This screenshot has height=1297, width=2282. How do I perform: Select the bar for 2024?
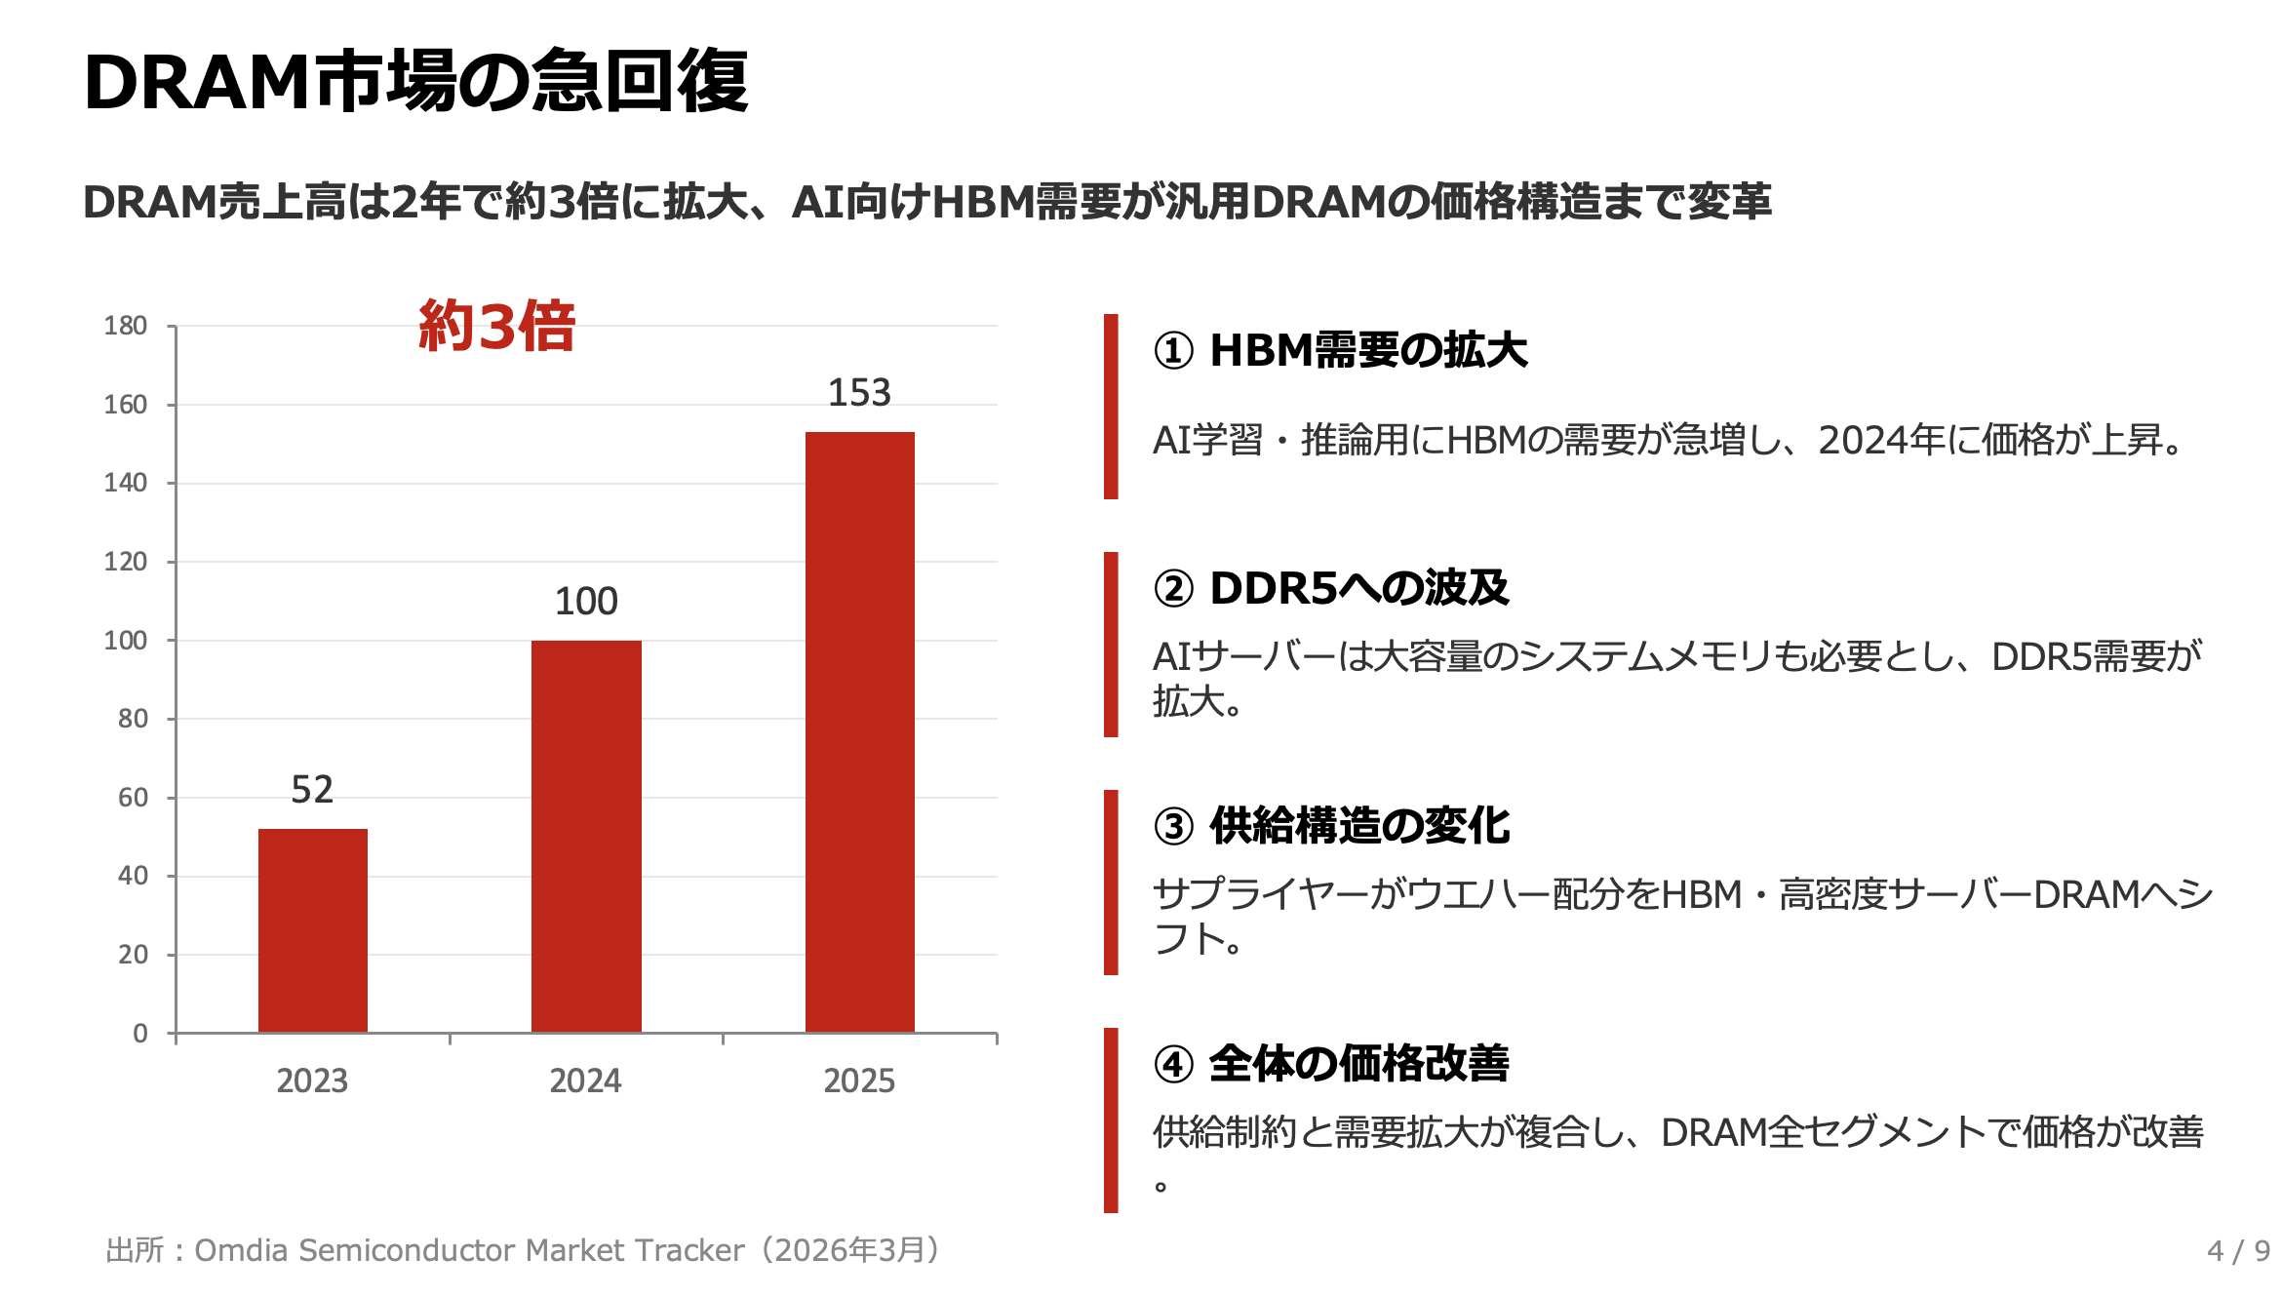(586, 836)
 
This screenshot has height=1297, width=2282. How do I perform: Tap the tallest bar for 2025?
(859, 731)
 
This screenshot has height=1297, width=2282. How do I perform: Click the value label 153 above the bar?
(859, 393)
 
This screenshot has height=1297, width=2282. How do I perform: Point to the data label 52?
(312, 790)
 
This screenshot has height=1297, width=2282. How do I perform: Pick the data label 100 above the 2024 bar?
(586, 602)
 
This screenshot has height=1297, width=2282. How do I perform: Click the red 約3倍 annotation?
(496, 326)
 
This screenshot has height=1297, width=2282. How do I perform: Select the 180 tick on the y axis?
(126, 326)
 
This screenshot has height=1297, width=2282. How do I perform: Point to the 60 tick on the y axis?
(133, 798)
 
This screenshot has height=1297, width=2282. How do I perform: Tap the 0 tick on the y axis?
(140, 1034)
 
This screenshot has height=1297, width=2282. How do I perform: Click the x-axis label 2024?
(585, 1081)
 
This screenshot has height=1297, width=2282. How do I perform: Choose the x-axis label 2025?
(859, 1081)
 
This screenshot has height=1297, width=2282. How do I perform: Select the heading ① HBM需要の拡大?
(1340, 351)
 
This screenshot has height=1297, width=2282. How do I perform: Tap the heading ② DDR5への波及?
(1331, 589)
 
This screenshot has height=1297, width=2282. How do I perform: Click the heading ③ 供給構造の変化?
(1331, 827)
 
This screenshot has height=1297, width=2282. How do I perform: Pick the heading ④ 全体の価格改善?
(1331, 1064)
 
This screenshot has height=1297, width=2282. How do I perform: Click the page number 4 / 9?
(2238, 1251)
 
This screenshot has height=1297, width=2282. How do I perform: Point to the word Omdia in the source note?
(241, 1251)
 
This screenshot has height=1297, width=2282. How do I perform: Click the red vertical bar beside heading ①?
(1111, 407)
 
